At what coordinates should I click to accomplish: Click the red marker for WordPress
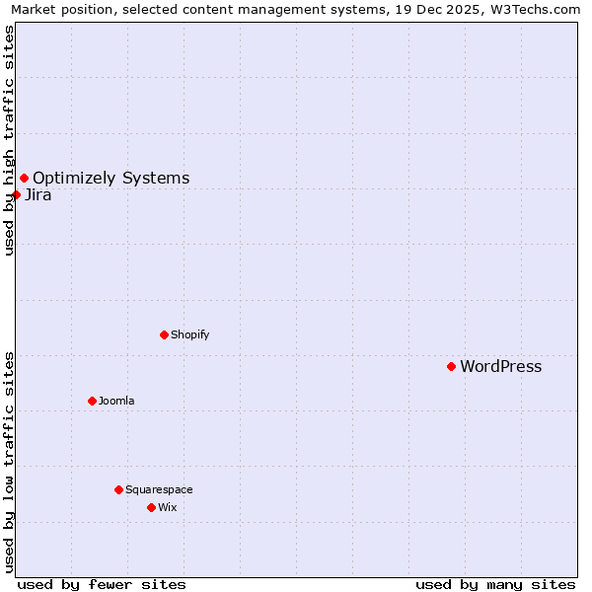(451, 366)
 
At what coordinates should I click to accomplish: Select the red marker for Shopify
(164, 334)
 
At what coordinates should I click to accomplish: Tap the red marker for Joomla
(92, 401)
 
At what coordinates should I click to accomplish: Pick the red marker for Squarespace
(118, 489)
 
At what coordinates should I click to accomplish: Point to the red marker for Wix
(151, 507)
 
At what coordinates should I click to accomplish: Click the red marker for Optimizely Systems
(24, 178)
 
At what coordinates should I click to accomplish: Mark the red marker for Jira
(16, 194)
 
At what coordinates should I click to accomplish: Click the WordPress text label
(500, 367)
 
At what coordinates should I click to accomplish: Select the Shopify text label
(189, 334)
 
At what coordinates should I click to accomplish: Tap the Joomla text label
(116, 401)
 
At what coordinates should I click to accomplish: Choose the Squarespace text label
(159, 489)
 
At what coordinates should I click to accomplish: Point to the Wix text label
(167, 507)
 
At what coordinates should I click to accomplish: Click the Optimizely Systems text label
(111, 179)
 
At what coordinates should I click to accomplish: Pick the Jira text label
(37, 195)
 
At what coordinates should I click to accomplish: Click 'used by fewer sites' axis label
(102, 584)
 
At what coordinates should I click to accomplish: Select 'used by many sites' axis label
(495, 584)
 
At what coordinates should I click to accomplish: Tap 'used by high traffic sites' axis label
(9, 140)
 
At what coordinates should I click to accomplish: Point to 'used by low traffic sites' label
(9, 461)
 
